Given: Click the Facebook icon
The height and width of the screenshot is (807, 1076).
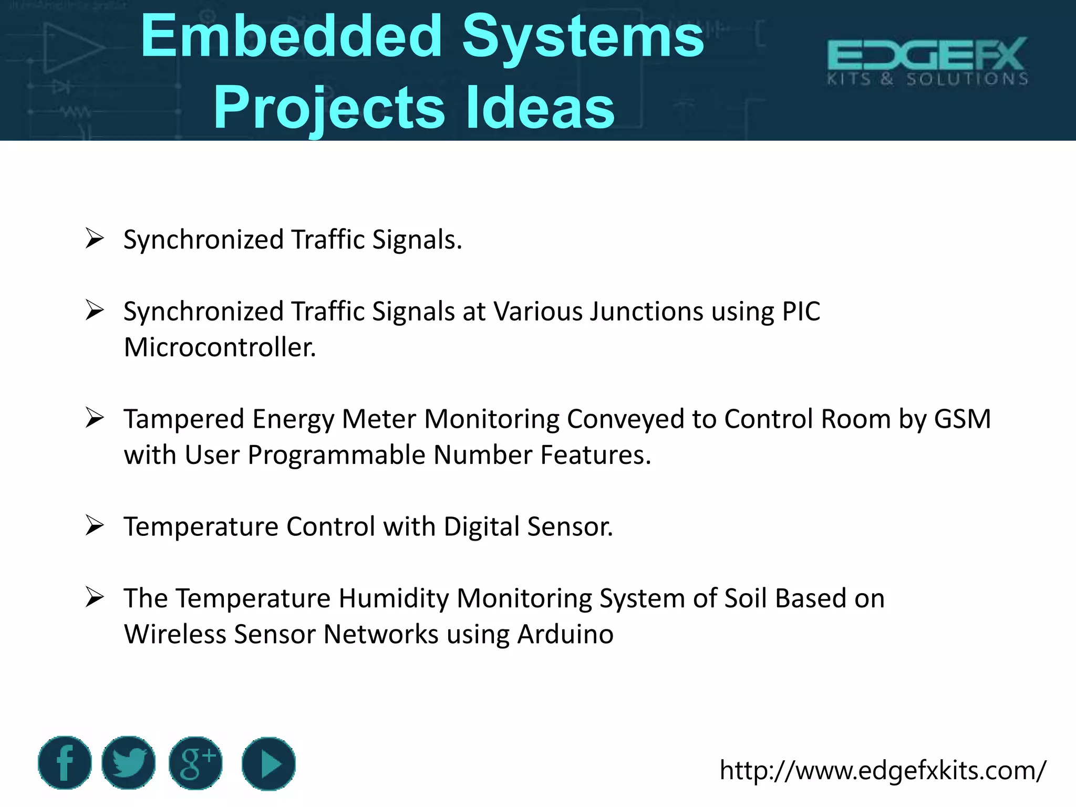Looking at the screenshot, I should click(65, 763).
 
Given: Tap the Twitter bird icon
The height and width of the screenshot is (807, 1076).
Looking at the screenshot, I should click(129, 763).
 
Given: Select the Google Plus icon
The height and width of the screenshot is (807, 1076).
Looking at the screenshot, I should click(195, 763).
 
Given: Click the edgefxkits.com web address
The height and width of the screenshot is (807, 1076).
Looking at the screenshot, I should click(883, 770).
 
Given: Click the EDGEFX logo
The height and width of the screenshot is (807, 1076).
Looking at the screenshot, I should click(927, 60).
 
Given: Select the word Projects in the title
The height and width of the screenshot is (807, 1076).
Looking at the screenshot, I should click(329, 108).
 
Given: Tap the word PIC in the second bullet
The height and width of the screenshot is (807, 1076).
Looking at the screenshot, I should click(801, 312).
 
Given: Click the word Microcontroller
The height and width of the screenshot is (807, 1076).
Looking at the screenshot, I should click(220, 347).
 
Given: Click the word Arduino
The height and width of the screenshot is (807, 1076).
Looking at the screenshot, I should click(565, 634).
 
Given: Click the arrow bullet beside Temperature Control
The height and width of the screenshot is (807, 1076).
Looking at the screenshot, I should click(95, 525).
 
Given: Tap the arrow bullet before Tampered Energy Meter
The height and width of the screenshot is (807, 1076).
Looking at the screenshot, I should click(95, 418).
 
